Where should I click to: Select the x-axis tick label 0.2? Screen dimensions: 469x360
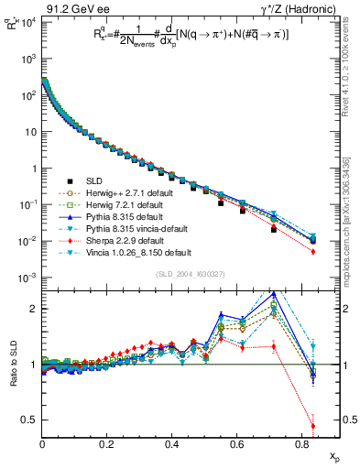tap(107, 443)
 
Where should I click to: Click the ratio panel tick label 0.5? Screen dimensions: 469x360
tap(29, 420)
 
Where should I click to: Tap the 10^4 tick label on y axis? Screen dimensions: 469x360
tap(27, 21)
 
